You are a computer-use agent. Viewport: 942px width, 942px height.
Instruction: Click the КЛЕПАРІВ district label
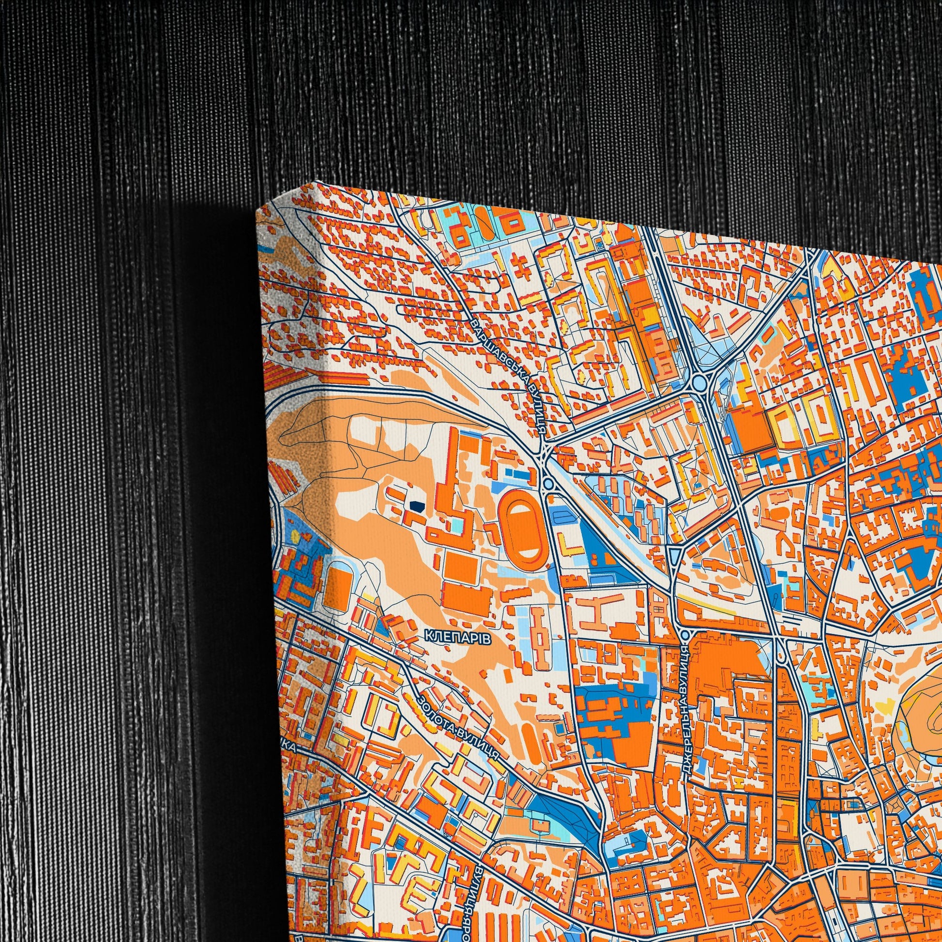point(457,636)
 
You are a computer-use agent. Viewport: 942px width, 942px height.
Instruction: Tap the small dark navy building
point(417,507)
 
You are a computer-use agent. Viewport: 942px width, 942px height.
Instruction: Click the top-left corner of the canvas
point(257,211)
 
